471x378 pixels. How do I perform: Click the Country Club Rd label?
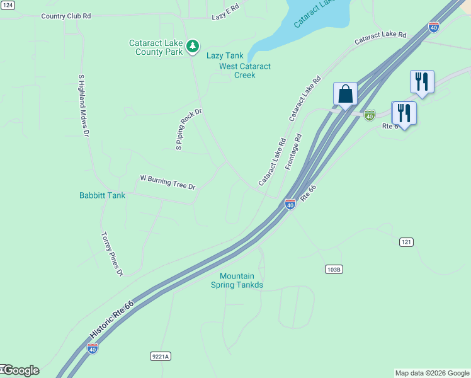pos(66,16)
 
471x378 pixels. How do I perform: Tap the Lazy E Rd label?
pos(226,13)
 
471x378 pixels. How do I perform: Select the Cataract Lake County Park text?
pos(156,47)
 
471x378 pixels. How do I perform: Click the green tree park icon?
pos(193,45)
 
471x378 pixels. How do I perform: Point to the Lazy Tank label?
pos(225,56)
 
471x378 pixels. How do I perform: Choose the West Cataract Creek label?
pos(245,71)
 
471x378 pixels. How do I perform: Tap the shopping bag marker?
pos(346,94)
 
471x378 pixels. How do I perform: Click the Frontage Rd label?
pos(294,151)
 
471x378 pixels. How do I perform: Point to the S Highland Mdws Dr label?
pos(84,105)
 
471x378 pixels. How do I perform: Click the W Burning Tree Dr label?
pos(167,183)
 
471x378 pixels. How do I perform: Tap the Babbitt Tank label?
pos(102,195)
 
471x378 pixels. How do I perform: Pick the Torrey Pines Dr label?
pos(112,254)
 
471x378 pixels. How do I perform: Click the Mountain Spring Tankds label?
pos(241,280)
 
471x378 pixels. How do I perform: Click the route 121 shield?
pos(406,242)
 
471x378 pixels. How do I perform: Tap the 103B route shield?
pos(334,269)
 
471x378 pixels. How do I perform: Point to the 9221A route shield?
pos(161,356)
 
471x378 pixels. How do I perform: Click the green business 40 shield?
pos(370,115)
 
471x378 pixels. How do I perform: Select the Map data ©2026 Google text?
pos(431,373)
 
